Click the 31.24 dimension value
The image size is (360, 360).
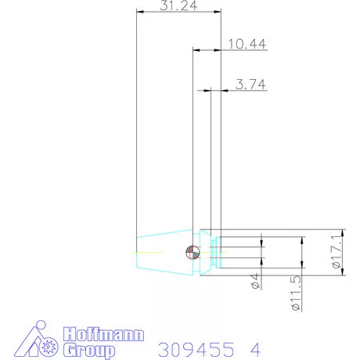point(178,5)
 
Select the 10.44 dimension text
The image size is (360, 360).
point(247,44)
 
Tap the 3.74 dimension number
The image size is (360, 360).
point(250,85)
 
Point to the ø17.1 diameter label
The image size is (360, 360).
point(337,251)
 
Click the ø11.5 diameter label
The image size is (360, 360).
point(296,293)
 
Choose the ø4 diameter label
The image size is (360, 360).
point(255,281)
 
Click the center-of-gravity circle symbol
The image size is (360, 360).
point(193,253)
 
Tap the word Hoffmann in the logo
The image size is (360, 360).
point(103,334)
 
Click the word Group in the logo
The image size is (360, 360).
point(89,351)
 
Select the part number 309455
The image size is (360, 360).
point(196,350)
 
